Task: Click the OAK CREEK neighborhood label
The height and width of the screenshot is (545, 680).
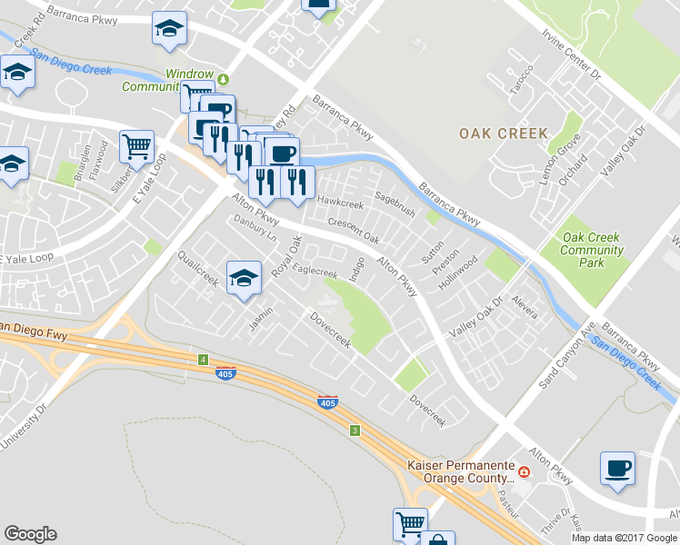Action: [x=504, y=134]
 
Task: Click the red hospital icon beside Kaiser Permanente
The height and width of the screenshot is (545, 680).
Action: [x=525, y=471]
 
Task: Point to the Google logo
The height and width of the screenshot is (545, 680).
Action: [x=30, y=534]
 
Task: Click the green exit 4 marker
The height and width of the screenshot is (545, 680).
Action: [x=202, y=360]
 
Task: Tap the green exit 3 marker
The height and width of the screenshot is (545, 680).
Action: [x=354, y=430]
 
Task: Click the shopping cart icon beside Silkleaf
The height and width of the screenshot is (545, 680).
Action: [x=136, y=146]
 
